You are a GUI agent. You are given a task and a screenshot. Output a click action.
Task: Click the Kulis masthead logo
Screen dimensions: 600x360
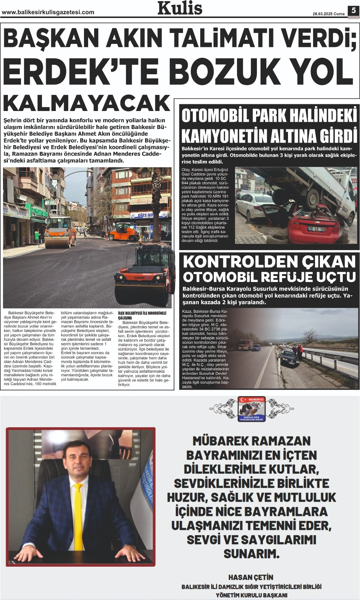(180, 8)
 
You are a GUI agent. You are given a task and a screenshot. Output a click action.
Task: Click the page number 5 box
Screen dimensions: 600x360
(353, 10)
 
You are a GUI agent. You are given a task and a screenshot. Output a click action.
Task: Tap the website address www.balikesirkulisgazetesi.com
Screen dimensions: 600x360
(48, 12)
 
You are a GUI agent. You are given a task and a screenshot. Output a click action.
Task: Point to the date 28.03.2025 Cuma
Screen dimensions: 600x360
(328, 14)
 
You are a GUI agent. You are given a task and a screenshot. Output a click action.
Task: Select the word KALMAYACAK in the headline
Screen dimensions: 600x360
(87, 103)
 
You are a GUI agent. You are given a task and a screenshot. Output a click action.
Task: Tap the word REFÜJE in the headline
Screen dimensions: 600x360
(286, 277)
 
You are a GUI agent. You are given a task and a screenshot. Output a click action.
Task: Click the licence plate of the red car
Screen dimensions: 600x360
(316, 229)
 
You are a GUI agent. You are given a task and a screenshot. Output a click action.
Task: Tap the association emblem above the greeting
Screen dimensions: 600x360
(251, 409)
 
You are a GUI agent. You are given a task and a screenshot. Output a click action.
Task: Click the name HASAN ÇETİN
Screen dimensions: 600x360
(251, 577)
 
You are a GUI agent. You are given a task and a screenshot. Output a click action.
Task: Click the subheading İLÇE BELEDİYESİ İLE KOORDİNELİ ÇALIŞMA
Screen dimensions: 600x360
(142, 315)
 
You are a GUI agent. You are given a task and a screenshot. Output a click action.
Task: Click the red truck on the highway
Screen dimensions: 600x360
(245, 345)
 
